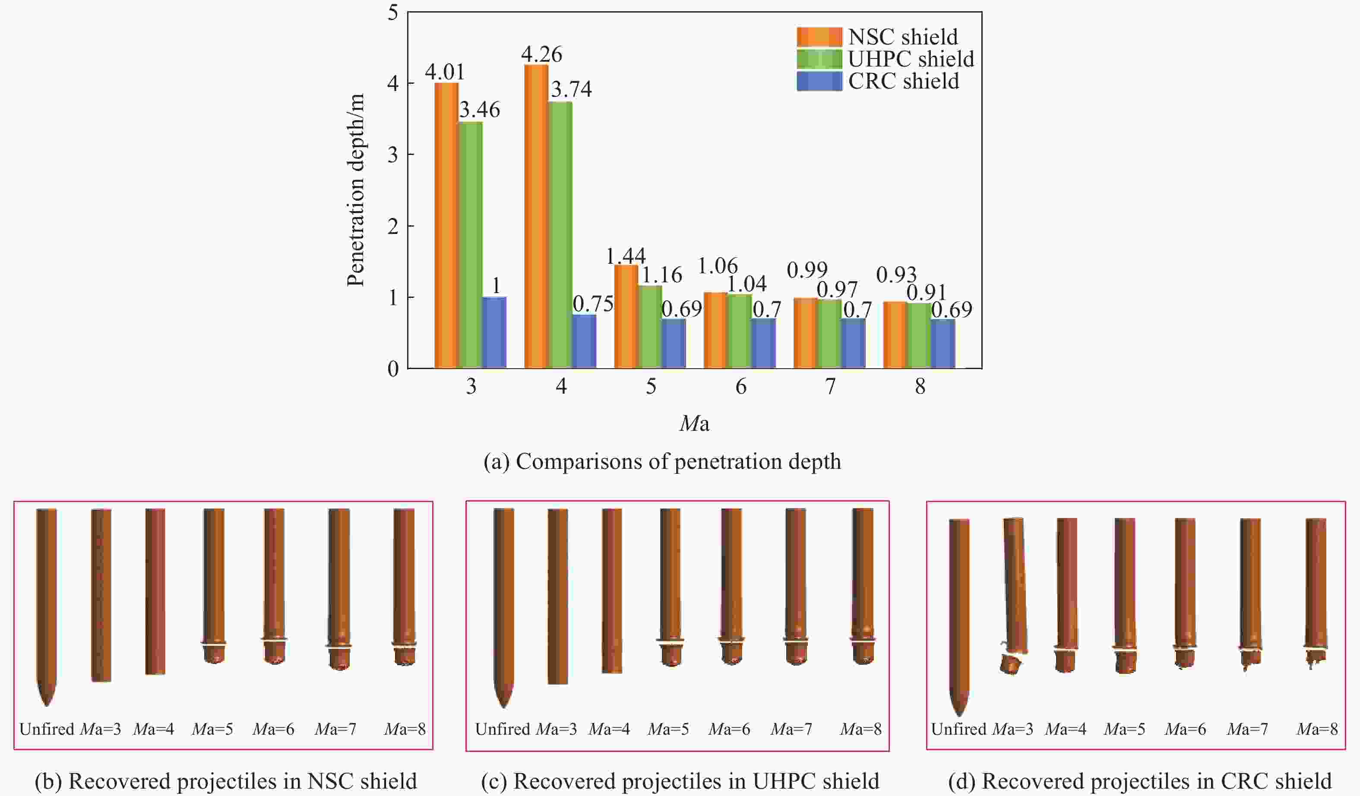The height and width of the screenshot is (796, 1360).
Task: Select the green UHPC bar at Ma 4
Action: pos(561,235)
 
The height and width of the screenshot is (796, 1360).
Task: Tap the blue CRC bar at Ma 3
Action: pos(494,332)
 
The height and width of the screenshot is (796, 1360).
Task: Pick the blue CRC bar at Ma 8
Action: pos(943,344)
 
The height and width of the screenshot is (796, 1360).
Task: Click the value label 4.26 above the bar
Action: pos(541,54)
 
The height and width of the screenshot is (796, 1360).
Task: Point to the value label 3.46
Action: pos(479,110)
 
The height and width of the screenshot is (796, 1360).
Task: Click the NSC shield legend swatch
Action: pos(819,37)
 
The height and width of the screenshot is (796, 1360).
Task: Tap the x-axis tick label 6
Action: pos(740,386)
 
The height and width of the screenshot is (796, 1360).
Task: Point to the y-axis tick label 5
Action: pos(393,13)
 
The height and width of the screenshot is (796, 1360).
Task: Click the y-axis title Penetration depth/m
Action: pos(356,190)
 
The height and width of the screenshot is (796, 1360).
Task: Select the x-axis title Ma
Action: pos(694,423)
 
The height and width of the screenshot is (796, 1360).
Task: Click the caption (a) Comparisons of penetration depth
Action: pos(662,462)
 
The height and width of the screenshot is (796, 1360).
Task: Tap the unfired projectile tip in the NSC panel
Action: pos(47,696)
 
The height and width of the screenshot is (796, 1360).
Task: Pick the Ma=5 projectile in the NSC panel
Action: pos(214,585)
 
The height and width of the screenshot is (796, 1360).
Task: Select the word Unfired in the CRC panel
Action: pos(958,730)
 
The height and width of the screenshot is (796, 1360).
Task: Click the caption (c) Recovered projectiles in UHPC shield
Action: pos(680,781)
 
